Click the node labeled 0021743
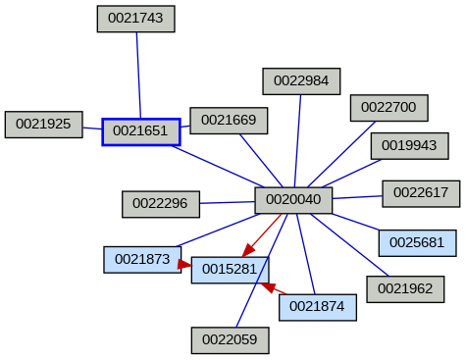pos(136,19)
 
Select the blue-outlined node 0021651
pos(141,131)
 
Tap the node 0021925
pos(43,125)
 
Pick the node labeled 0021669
pos(229,121)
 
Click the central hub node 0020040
pos(293,200)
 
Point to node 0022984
pos(301,81)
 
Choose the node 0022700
pos(388,107)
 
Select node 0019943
pos(409,146)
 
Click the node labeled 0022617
pos(421,193)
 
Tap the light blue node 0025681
pos(417,241)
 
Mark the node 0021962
pos(405,289)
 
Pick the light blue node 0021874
pos(318,307)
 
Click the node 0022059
pos(230,340)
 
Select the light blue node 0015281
pos(230,269)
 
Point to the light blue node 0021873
pos(142,260)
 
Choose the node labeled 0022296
pos(161,204)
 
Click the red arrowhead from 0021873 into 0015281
pos(184,264)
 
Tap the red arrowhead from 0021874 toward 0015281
pos(267,287)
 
